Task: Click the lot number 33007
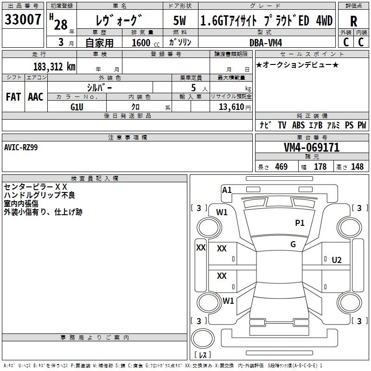pos(23,19)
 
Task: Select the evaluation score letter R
pos(353,21)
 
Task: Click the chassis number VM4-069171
pos(311,148)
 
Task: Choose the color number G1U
pos(77,107)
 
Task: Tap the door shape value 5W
pos(180,21)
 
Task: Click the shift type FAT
pos(13,97)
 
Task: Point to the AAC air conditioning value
pos(36,97)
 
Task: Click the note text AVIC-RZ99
pos(21,147)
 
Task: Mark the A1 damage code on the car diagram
pos(227,190)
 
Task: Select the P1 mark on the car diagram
pos(300,223)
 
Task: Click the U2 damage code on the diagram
pos(336,260)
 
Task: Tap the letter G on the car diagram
pos(293,244)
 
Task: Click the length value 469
pos(281,167)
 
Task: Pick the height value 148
pos(357,167)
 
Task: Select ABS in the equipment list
pos(298,125)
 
